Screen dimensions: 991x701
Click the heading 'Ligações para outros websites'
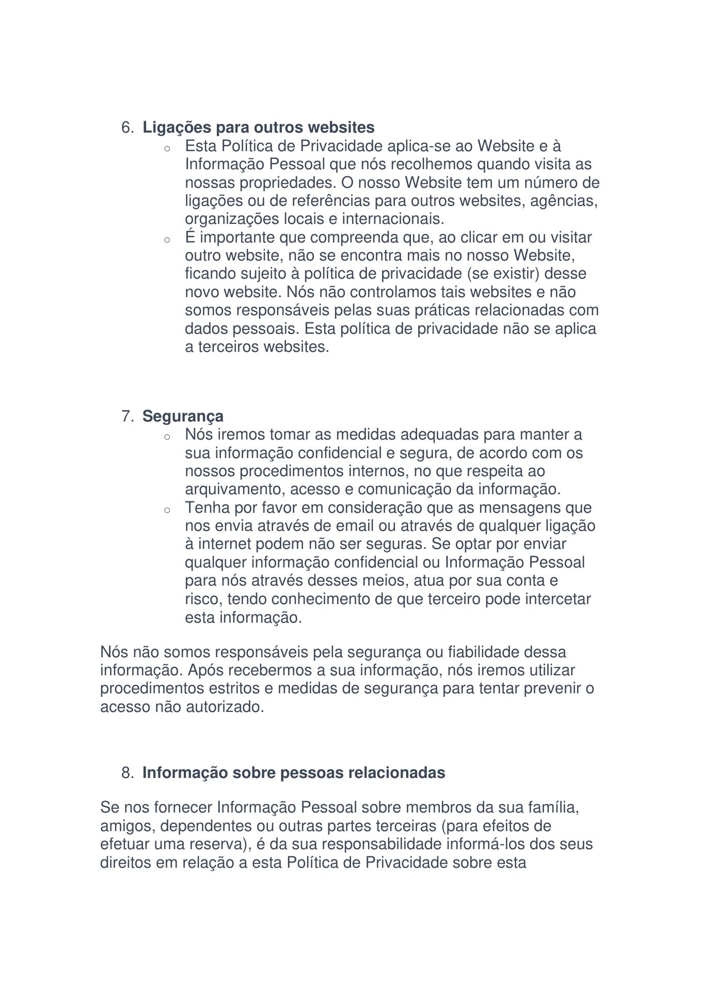click(x=258, y=127)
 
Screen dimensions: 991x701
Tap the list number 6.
click(x=127, y=127)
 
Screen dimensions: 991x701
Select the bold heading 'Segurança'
click(x=183, y=416)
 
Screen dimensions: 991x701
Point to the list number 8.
click(x=127, y=773)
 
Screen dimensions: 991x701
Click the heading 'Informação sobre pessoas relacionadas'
click(x=293, y=773)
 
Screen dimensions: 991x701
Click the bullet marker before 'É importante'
click(x=167, y=240)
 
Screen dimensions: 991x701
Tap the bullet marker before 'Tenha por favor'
click(x=167, y=510)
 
